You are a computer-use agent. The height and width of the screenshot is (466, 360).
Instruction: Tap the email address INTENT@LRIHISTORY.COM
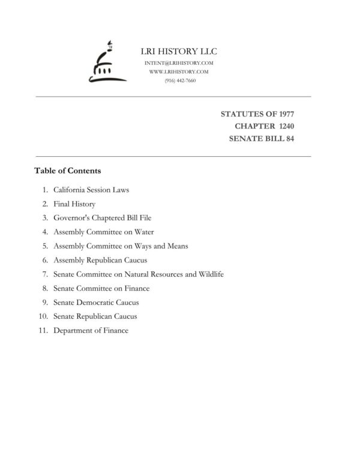179,63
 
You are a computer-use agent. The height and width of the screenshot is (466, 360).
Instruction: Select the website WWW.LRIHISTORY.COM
179,71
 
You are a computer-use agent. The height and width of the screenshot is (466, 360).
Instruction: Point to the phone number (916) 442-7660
179,80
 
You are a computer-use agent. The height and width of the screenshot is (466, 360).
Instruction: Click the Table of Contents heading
67,171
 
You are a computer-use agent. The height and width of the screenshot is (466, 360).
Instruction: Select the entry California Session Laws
91,190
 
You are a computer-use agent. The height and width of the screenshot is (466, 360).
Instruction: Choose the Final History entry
74,204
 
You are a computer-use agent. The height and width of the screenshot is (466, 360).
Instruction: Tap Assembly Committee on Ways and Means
121,246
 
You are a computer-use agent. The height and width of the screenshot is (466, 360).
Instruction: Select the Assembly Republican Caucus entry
100,260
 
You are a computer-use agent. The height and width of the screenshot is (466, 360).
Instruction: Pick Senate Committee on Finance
101,288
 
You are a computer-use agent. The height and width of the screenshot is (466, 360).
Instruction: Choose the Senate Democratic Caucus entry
96,302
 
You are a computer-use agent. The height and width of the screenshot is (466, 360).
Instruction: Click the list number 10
43,316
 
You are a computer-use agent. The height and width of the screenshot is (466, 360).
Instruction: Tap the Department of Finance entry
91,330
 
